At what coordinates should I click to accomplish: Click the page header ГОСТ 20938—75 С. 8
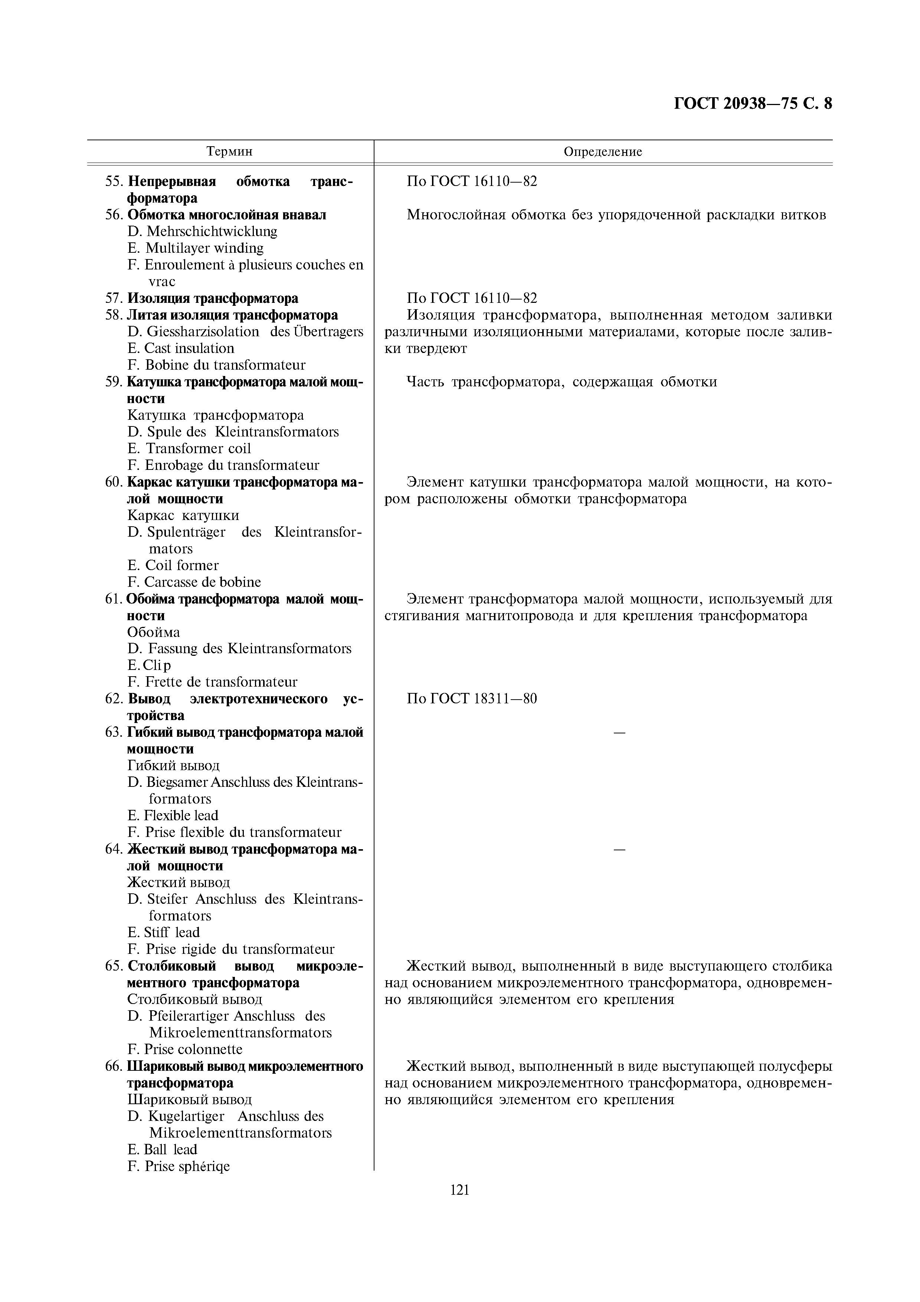pos(753,104)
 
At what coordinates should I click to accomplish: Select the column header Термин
pos(230,151)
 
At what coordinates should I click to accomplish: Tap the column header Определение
pos(603,151)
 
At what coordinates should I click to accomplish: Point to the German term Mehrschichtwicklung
pos(212,231)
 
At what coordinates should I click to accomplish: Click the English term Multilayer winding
pos(204,248)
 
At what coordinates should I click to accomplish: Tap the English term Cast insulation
pos(189,348)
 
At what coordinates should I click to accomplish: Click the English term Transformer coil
pos(198,449)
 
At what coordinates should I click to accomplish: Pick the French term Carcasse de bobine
pos(202,582)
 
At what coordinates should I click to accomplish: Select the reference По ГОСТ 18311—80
pos(472,699)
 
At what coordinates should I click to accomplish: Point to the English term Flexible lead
pos(181,815)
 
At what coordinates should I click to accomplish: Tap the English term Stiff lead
pos(172,932)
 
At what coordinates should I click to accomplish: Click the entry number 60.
pos(113,482)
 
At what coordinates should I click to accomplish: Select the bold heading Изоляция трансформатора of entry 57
pos(213,298)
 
